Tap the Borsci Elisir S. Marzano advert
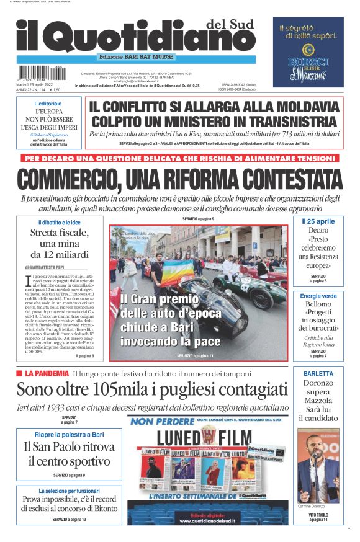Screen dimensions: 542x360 308,52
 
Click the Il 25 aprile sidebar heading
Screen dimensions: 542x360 318,221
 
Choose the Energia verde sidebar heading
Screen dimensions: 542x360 318,296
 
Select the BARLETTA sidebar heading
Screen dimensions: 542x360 318,374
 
